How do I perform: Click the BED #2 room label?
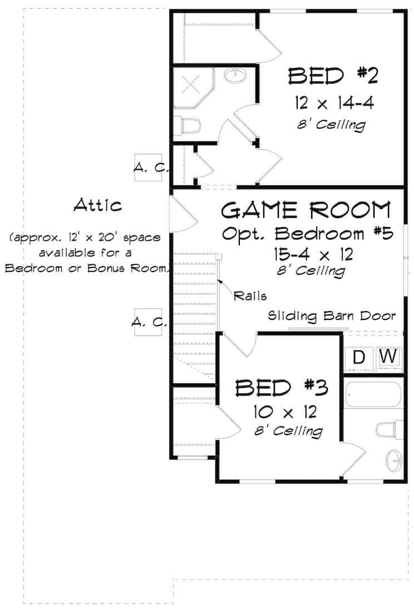(x=333, y=76)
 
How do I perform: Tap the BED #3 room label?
(x=280, y=387)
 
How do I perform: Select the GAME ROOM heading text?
(x=305, y=210)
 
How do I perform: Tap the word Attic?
(x=97, y=205)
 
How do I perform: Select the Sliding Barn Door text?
(x=332, y=316)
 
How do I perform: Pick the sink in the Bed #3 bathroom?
(x=394, y=460)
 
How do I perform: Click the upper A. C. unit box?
(x=149, y=167)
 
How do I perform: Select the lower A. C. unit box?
(x=148, y=322)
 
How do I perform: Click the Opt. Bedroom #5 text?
(x=308, y=233)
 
